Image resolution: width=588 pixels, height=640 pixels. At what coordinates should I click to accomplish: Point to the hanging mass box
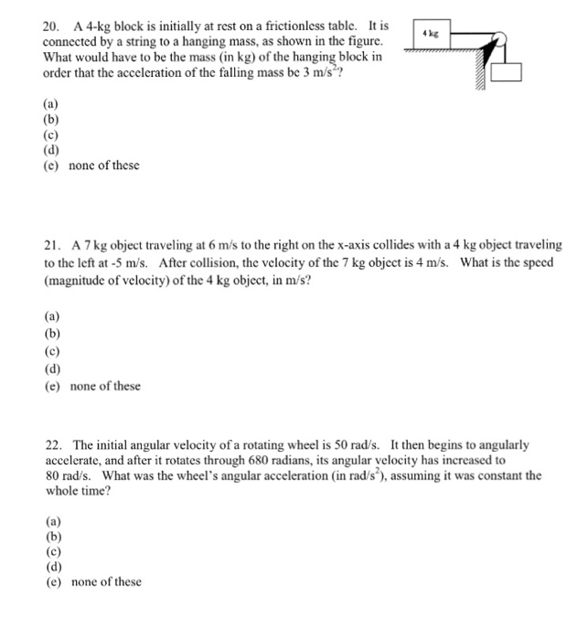506,74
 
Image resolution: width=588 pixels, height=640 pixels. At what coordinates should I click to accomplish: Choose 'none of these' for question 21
105,386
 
